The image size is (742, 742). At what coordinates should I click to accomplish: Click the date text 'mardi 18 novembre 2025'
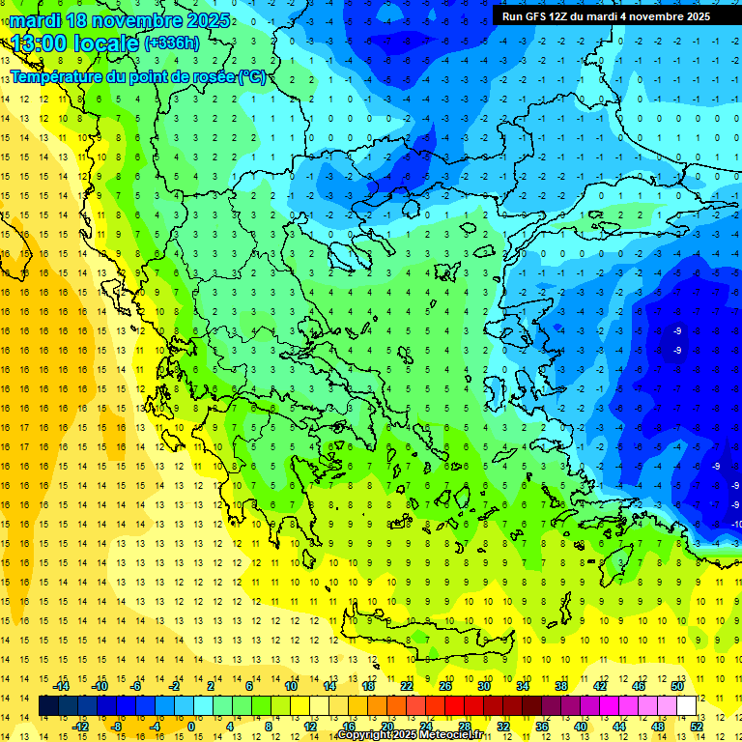click(121, 20)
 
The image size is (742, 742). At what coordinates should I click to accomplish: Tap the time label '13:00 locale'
click(75, 43)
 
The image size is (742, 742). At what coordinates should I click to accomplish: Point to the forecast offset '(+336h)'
click(172, 43)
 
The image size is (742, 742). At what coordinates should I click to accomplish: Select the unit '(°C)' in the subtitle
click(253, 76)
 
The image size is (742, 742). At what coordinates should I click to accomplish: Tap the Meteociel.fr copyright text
click(411, 735)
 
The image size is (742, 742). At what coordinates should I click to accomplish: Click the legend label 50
click(676, 686)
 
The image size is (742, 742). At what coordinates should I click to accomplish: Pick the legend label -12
click(80, 727)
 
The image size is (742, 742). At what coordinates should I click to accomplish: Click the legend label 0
click(190, 727)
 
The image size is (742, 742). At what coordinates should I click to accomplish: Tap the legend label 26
click(445, 686)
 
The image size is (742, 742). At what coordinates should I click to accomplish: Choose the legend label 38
click(561, 686)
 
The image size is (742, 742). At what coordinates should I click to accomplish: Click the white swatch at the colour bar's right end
click(687, 706)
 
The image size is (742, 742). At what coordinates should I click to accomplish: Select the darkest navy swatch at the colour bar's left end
click(49, 706)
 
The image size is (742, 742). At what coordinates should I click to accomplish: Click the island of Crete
click(415, 639)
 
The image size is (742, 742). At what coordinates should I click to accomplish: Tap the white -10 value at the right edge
click(736, 524)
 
